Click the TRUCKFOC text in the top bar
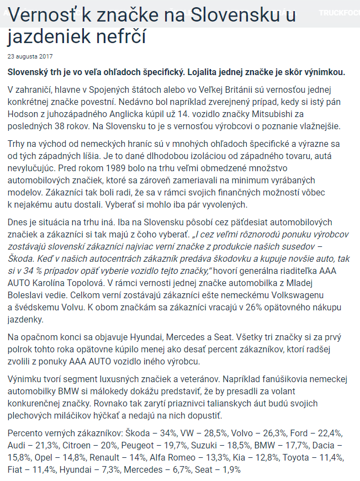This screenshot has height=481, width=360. (x=340, y=12)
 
